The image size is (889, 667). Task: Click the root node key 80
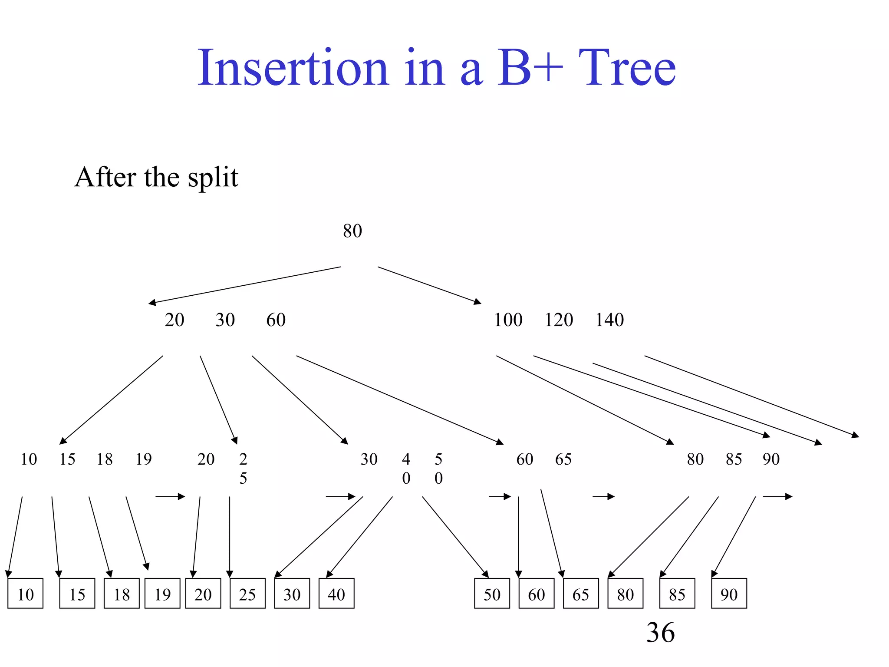[352, 231]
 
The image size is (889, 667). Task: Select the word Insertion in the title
[293, 68]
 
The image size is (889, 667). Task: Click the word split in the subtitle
[213, 178]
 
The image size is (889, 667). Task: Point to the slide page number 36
[660, 632]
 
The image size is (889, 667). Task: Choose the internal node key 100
[508, 320]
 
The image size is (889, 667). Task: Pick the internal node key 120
[559, 320]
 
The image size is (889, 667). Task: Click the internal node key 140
[609, 320]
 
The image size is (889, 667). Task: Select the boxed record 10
[26, 594]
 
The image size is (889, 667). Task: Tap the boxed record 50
[492, 594]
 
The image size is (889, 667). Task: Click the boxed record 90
[729, 594]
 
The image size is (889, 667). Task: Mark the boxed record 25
[247, 594]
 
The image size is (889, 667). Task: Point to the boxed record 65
[581, 594]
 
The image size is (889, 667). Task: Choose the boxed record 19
[162, 594]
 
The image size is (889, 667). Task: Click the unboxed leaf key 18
[105, 459]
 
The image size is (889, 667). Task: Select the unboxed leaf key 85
[734, 459]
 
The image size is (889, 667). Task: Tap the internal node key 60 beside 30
[276, 320]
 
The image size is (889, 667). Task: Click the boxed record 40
[336, 594]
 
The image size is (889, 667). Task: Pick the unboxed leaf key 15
[67, 459]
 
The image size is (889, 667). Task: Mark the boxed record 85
[677, 594]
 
